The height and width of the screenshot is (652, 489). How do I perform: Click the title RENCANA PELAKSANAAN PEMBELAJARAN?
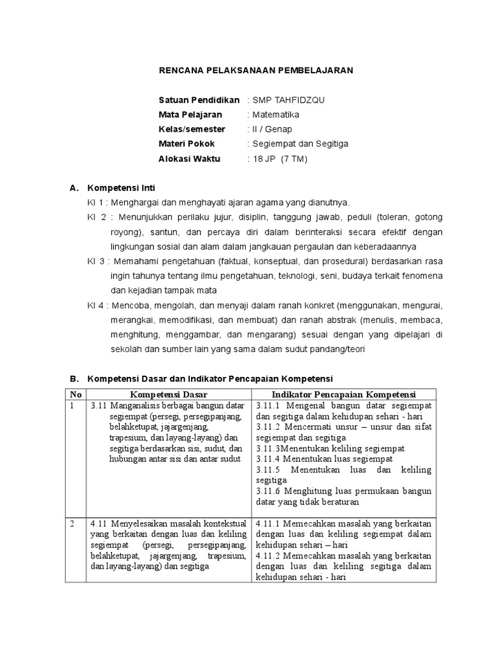point(255,71)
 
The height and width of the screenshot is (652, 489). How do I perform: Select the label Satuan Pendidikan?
point(199,101)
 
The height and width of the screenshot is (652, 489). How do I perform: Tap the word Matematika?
point(276,115)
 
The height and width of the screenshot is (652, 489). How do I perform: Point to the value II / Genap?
point(273,129)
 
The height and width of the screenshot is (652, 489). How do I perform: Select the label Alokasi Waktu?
point(188,159)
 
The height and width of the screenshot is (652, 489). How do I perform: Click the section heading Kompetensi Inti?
point(121,188)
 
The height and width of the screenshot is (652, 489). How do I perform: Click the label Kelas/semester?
point(192,129)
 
